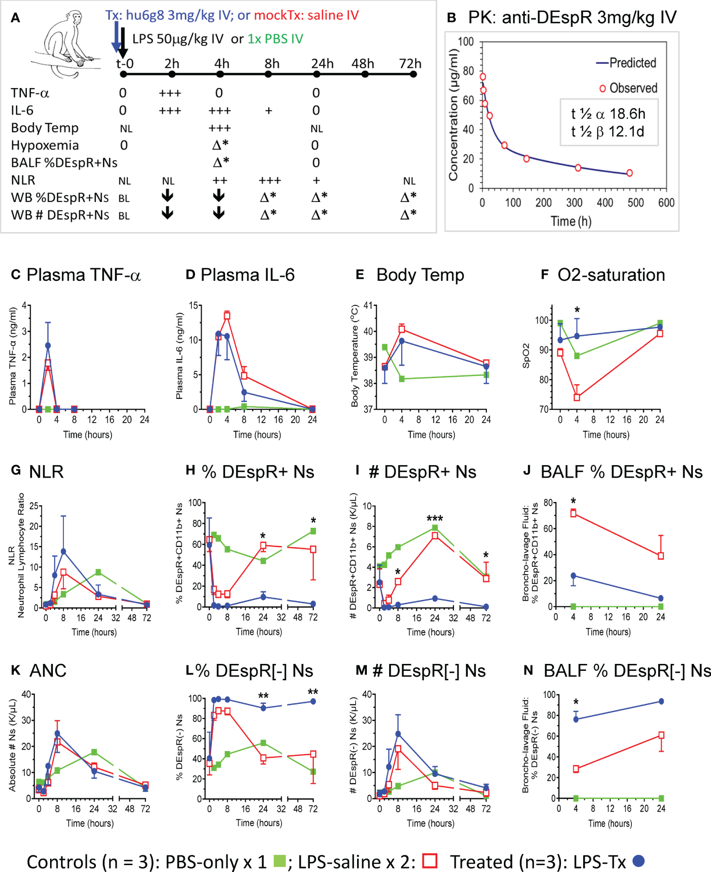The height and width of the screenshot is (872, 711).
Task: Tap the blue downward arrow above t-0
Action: (x=116, y=39)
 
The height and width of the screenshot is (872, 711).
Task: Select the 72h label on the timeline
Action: (x=410, y=63)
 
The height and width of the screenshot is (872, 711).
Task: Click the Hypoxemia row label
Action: (x=45, y=145)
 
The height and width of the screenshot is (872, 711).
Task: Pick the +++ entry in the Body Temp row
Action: (x=220, y=128)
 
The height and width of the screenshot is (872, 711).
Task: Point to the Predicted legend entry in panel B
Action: (x=626, y=63)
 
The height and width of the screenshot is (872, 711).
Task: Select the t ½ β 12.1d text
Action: (x=608, y=132)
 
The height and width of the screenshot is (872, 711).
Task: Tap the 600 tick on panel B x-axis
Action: (x=666, y=202)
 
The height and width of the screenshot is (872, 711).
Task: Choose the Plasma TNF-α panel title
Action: (x=83, y=275)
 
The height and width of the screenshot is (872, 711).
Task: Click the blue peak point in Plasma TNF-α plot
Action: (x=48, y=345)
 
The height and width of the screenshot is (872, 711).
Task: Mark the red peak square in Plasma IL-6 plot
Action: (x=227, y=316)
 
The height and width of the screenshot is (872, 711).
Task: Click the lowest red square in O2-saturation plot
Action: (x=577, y=397)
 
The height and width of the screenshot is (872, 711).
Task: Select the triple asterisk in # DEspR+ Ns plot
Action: (x=434, y=518)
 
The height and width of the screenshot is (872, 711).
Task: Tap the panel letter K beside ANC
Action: (x=16, y=670)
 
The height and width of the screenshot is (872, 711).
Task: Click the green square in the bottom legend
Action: (x=279, y=861)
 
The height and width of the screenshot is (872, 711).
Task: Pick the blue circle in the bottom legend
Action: (x=638, y=861)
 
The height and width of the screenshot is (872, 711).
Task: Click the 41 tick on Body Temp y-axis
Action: (x=369, y=305)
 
